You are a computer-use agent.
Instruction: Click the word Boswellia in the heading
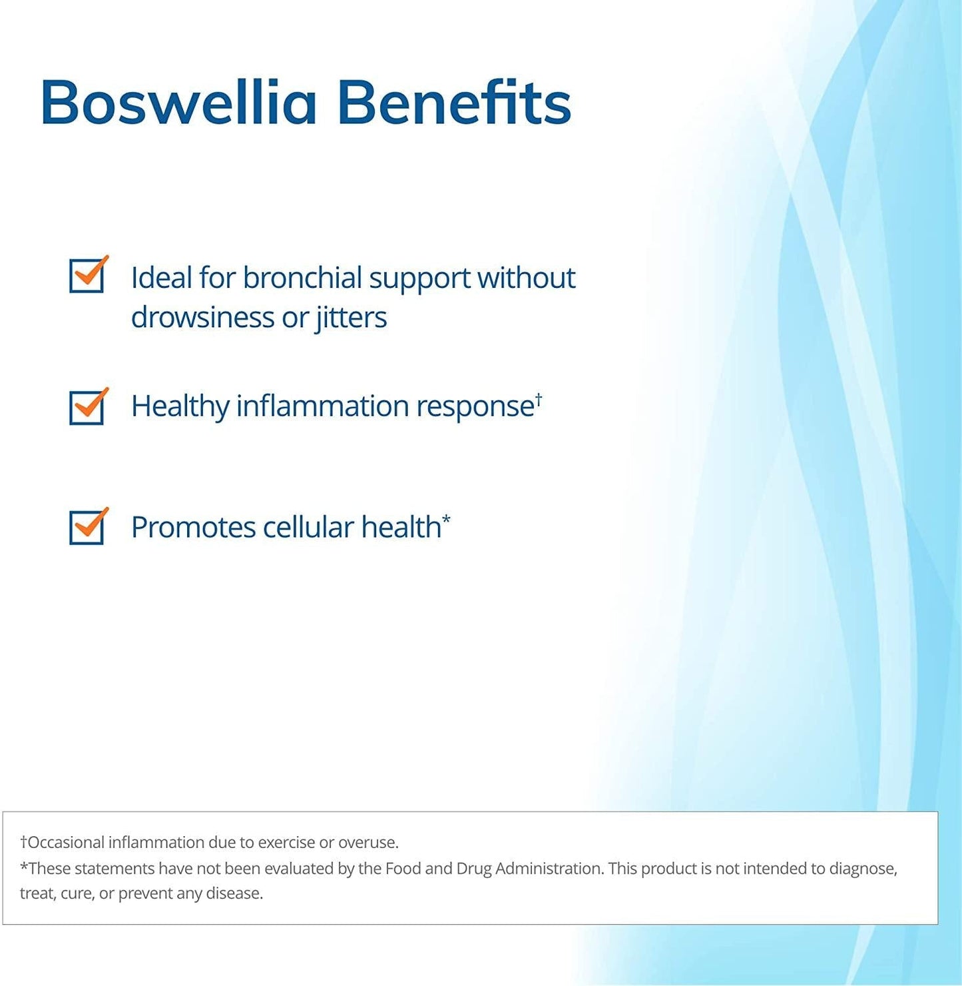pyautogui.click(x=178, y=103)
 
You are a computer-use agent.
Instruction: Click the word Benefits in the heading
pyautogui.click(x=454, y=103)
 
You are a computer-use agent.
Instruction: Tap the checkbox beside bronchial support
pyautogui.click(x=87, y=275)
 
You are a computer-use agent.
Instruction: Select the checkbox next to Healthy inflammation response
pyautogui.click(x=87, y=407)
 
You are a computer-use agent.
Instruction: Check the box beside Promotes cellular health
pyautogui.click(x=87, y=527)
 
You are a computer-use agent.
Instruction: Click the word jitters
pyautogui.click(x=351, y=318)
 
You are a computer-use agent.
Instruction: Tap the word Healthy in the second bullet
pyautogui.click(x=180, y=406)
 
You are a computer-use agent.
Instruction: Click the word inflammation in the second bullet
pyautogui.click(x=322, y=406)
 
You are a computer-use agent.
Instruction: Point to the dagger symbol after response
pyautogui.click(x=539, y=398)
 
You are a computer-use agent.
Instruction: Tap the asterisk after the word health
pyautogui.click(x=446, y=520)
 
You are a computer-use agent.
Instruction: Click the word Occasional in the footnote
pyautogui.click(x=66, y=842)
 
